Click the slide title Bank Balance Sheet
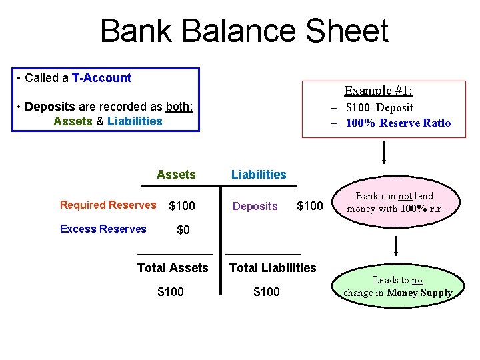tap(244, 31)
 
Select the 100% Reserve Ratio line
tap(397, 123)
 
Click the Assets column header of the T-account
tap(176, 175)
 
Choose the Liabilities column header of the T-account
tap(259, 175)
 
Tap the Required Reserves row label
tap(108, 205)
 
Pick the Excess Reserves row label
tap(103, 229)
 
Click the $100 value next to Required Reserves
tap(182, 206)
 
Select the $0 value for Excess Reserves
tap(183, 230)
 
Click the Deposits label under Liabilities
tap(255, 207)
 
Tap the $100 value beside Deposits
tap(310, 206)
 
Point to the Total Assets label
tap(173, 268)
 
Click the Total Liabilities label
tap(273, 268)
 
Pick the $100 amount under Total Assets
tap(171, 292)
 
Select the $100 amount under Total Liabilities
tap(267, 292)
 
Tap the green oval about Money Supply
tap(398, 287)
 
